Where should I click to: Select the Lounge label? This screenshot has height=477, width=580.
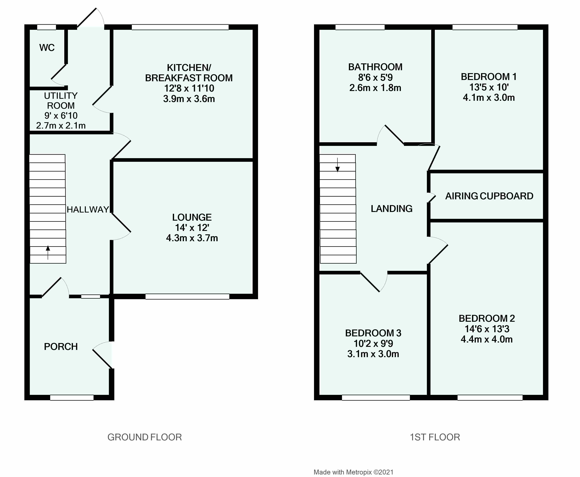pos(192,217)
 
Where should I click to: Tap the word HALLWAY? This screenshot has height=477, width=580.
pos(88,210)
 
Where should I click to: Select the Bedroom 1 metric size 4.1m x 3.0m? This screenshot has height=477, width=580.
pos(489,97)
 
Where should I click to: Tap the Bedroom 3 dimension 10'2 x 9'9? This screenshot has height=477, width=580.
pos(373,343)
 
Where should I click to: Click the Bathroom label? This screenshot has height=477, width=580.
pos(375,67)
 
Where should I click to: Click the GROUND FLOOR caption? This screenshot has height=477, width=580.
pos(144,437)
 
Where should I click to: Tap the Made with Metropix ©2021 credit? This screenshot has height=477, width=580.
pos(353,472)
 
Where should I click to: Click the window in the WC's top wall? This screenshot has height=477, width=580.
pos(46,27)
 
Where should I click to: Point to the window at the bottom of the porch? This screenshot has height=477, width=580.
pos(72,398)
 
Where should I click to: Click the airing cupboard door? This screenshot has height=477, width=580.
pos(432,198)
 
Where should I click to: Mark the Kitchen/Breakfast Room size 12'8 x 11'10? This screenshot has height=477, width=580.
pos(189,88)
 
